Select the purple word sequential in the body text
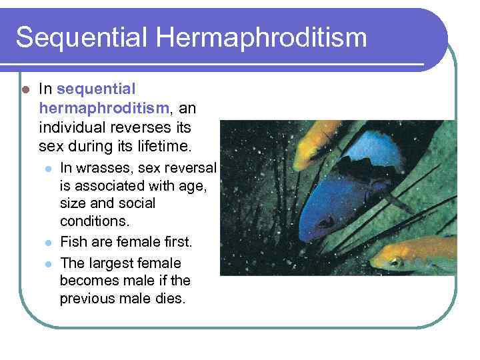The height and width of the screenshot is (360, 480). (x=97, y=89)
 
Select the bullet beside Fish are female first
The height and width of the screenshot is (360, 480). (x=46, y=243)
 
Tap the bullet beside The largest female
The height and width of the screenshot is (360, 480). (x=46, y=263)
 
